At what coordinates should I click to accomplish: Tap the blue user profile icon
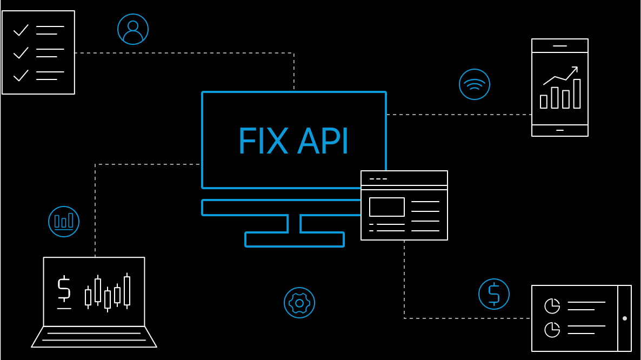coord(133,29)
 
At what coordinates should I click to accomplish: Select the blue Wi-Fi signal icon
coord(475,84)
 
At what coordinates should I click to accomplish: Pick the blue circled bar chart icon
coord(64,222)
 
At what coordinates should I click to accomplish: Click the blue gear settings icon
coord(299,303)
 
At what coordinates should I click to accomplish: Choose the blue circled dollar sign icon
coord(494,294)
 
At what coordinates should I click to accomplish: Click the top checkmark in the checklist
coord(21,30)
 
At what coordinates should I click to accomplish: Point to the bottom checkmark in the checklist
coord(21,75)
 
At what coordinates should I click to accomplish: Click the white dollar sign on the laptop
coord(64,289)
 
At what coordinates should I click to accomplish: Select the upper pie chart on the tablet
coord(552,306)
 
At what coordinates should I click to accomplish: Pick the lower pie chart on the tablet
coord(552,329)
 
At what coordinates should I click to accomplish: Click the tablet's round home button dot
coord(625,318)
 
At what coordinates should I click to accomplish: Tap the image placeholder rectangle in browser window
coord(387,207)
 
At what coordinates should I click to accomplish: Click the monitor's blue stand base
coord(295,239)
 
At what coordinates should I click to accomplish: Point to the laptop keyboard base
coord(94,337)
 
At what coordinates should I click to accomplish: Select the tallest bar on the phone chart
coord(577,94)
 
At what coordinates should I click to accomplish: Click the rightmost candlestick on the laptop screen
coord(127,291)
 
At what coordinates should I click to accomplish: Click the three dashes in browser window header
coord(378,179)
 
